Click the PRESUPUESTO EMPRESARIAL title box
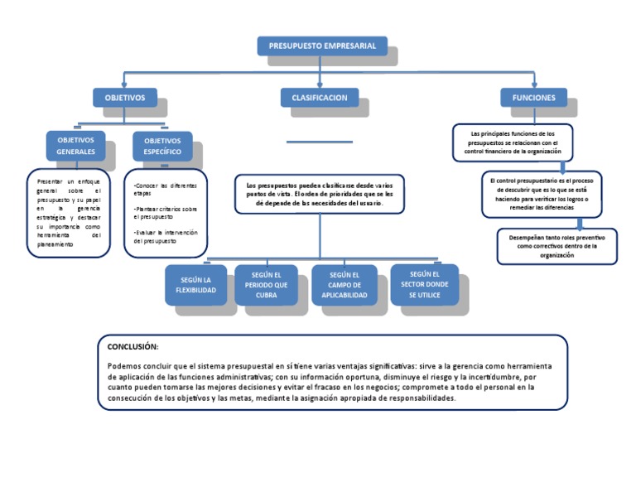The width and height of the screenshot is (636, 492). coord(321,46)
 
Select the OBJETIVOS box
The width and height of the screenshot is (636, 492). coord(124,98)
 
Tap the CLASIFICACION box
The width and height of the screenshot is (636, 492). coord(319,98)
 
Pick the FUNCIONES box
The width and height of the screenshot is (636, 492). coord(533,98)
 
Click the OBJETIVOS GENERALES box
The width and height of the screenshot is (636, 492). coord(75,146)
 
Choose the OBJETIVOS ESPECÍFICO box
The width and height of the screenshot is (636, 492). coord(162,147)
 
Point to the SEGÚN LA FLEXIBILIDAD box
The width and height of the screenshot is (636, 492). coord(197,286)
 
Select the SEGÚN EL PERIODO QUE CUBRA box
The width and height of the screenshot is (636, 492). coord(266,285)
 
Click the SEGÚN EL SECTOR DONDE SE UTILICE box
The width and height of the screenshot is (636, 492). coord(423,283)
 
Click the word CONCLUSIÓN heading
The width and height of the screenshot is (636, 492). coord(132,346)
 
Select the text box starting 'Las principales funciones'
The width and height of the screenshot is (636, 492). coord(513,142)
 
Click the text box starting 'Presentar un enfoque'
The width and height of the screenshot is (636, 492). coord(68,213)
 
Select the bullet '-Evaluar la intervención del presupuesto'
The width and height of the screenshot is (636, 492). coord(165,237)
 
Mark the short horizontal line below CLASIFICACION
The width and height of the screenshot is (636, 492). coord(320,141)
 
